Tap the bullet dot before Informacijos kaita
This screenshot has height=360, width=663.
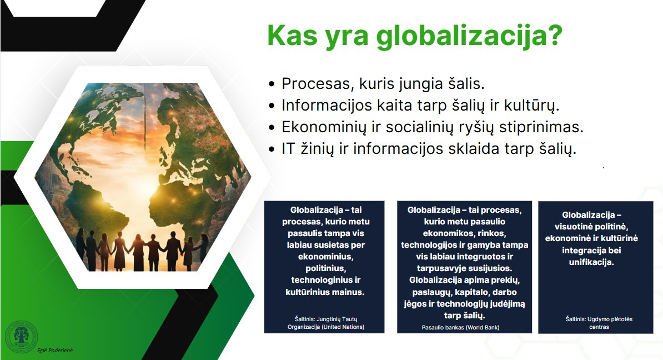[272, 106]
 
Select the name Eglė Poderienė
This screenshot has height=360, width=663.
[55, 350]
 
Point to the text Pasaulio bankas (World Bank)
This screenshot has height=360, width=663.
[460, 327]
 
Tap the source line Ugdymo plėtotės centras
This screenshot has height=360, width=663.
[599, 323]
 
